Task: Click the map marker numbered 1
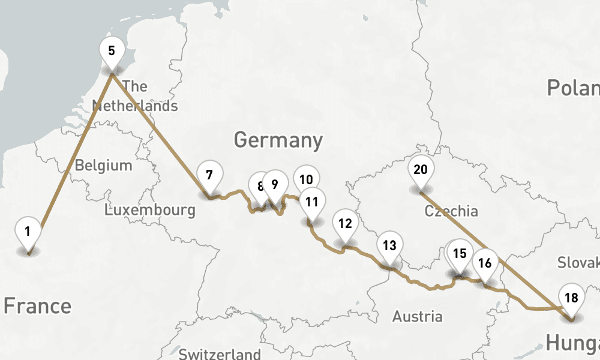(28, 231)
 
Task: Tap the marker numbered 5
(112, 51)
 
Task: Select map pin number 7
(209, 176)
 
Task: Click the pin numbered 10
(306, 179)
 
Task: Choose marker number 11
(311, 202)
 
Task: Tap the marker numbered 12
(344, 224)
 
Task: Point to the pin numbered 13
(390, 245)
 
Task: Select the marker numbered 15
(460, 253)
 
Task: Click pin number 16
(485, 263)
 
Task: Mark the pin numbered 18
(571, 298)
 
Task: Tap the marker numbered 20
(421, 170)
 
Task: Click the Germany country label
(278, 140)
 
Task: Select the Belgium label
(103, 165)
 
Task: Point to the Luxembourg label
(149, 210)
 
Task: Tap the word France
(37, 306)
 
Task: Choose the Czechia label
(451, 211)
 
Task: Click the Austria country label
(418, 316)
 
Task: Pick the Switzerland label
(220, 353)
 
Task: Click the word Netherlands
(135, 106)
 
